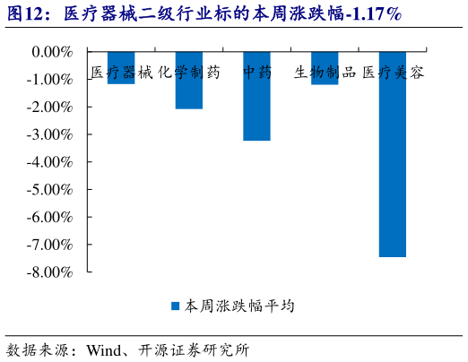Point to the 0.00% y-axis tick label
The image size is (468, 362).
pyautogui.click(x=52, y=52)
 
